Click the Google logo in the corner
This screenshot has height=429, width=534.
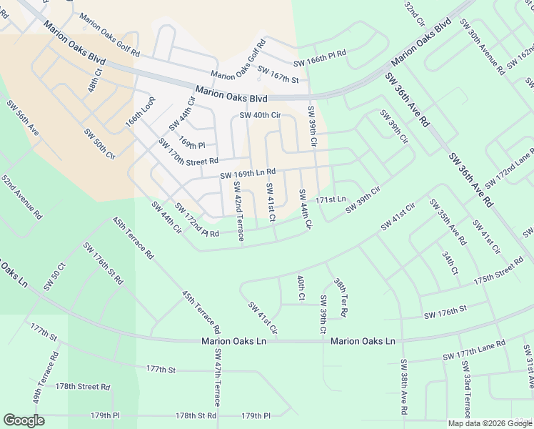click(x=24, y=420)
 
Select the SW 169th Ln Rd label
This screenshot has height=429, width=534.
click(x=248, y=174)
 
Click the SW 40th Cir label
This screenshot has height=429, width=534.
click(x=260, y=115)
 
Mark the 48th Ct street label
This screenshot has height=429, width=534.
click(x=95, y=81)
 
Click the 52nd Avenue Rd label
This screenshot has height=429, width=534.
click(x=21, y=195)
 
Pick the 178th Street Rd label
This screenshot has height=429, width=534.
click(x=83, y=386)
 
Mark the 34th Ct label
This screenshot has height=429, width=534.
click(x=449, y=262)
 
